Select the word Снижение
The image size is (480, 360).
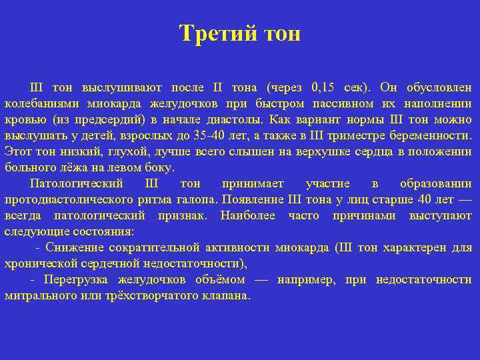pos(77,247)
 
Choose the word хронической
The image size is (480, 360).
pos(39,263)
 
